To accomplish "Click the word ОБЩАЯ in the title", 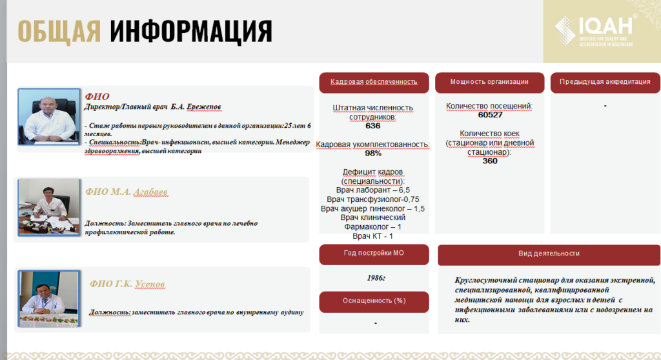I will pos(59,31).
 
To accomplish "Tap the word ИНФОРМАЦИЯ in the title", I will pos(190,31).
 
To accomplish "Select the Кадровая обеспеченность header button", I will pos(374,83).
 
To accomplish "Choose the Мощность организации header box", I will pos(489,83).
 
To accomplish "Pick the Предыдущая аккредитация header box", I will pos(605,83).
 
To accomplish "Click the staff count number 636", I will pos(372,126).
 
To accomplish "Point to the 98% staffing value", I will pos(372,154).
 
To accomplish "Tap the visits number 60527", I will pos(490,115).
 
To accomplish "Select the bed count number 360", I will pos(490,161).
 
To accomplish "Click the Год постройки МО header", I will pos(374,254).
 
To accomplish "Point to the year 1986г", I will pos(375,278).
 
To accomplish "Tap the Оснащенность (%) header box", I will pos(374,301).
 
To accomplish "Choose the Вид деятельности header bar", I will pos(549,254).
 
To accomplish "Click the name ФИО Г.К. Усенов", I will pos(132,285).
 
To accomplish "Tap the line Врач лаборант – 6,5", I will pos(372,190).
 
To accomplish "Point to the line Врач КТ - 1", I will pos(372,236).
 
